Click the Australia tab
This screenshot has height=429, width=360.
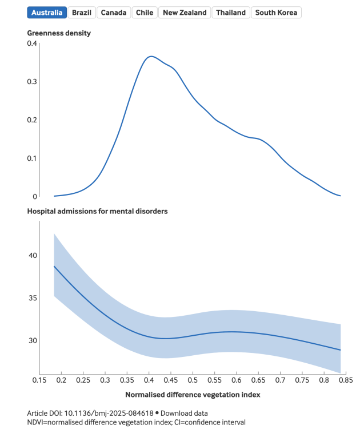47,13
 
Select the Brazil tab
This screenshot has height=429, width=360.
82,13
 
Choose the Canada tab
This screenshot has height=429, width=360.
114,13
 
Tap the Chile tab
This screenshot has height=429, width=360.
145,13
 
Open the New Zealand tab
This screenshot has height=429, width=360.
185,13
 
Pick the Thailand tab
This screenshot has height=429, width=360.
231,13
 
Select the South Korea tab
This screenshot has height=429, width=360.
276,13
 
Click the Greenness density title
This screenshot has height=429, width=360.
59,33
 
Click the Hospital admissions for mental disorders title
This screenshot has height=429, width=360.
98,211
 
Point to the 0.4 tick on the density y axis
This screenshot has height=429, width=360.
32,43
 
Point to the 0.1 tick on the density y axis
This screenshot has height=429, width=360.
32,158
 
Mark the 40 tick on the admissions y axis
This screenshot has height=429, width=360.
32,256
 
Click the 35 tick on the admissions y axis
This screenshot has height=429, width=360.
32,298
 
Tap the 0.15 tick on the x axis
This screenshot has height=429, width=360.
39,380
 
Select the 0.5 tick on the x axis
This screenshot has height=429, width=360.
193,380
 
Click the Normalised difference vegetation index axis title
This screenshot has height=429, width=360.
193,395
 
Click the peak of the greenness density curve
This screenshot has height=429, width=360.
150,56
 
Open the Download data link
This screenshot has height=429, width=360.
183,413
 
